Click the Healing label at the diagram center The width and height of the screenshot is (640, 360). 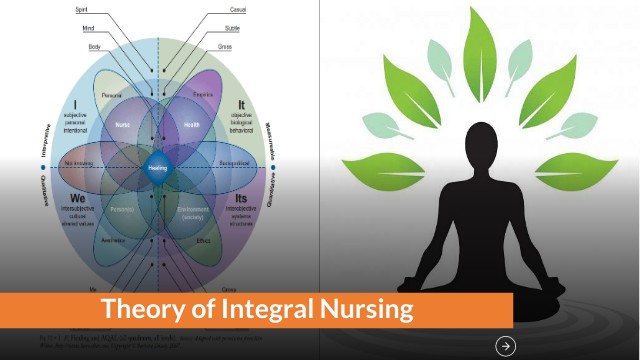click(157, 168)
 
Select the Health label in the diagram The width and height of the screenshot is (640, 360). click(193, 124)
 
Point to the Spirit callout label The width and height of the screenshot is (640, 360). click(82, 9)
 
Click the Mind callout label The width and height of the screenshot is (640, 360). click(88, 28)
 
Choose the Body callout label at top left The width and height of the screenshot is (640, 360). click(95, 46)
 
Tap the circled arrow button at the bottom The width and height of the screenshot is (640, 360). click(506, 346)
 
